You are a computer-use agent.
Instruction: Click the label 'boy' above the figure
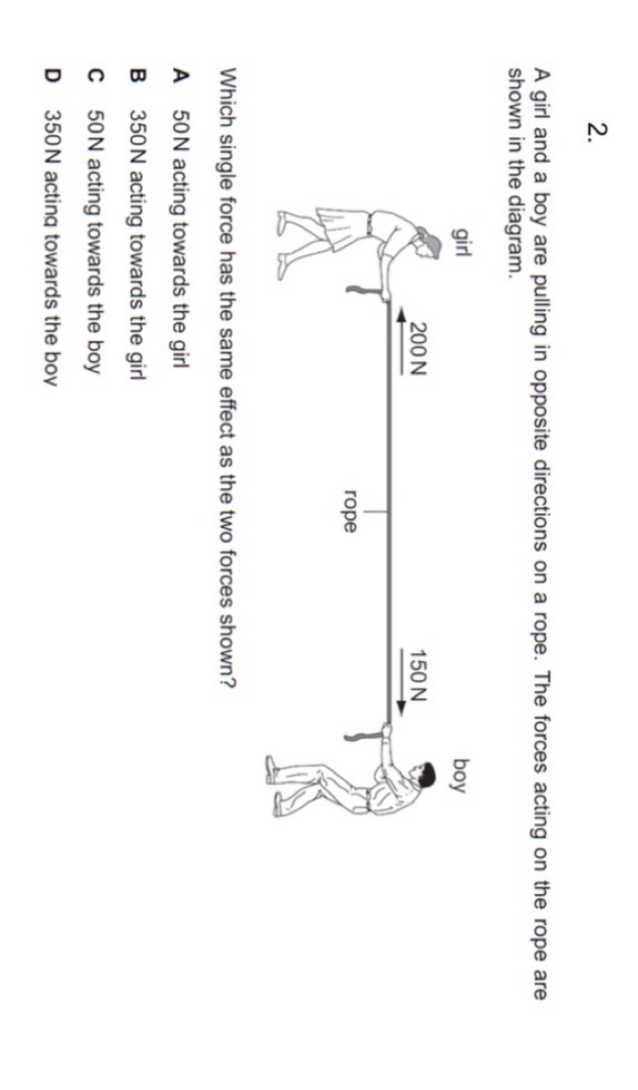(461, 775)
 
